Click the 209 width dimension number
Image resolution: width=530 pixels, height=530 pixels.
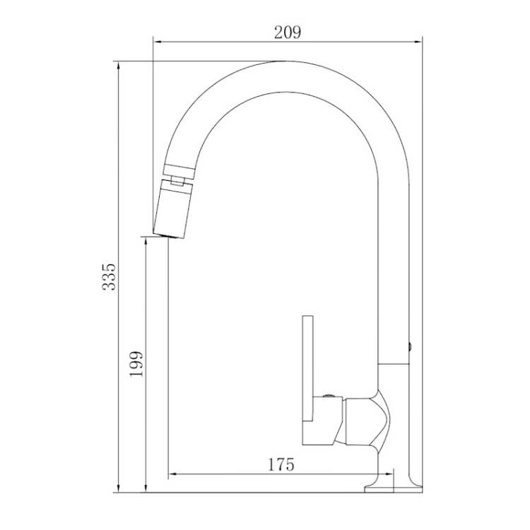coord(287,33)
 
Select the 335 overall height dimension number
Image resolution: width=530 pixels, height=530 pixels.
coord(109,276)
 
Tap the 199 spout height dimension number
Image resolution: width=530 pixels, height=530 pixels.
coord(136,364)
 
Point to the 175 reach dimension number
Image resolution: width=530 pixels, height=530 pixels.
coord(281,464)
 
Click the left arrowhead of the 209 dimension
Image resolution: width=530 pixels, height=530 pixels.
coord(158,42)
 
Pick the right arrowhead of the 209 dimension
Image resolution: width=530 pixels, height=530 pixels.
coord(418,42)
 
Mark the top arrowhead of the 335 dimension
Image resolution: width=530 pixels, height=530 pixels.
coord(118,66)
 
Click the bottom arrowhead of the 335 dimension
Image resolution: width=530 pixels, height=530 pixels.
coord(118,488)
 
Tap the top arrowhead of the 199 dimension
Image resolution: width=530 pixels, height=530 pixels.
coord(146,242)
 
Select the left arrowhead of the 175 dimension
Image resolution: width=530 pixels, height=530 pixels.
coord(172,474)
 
